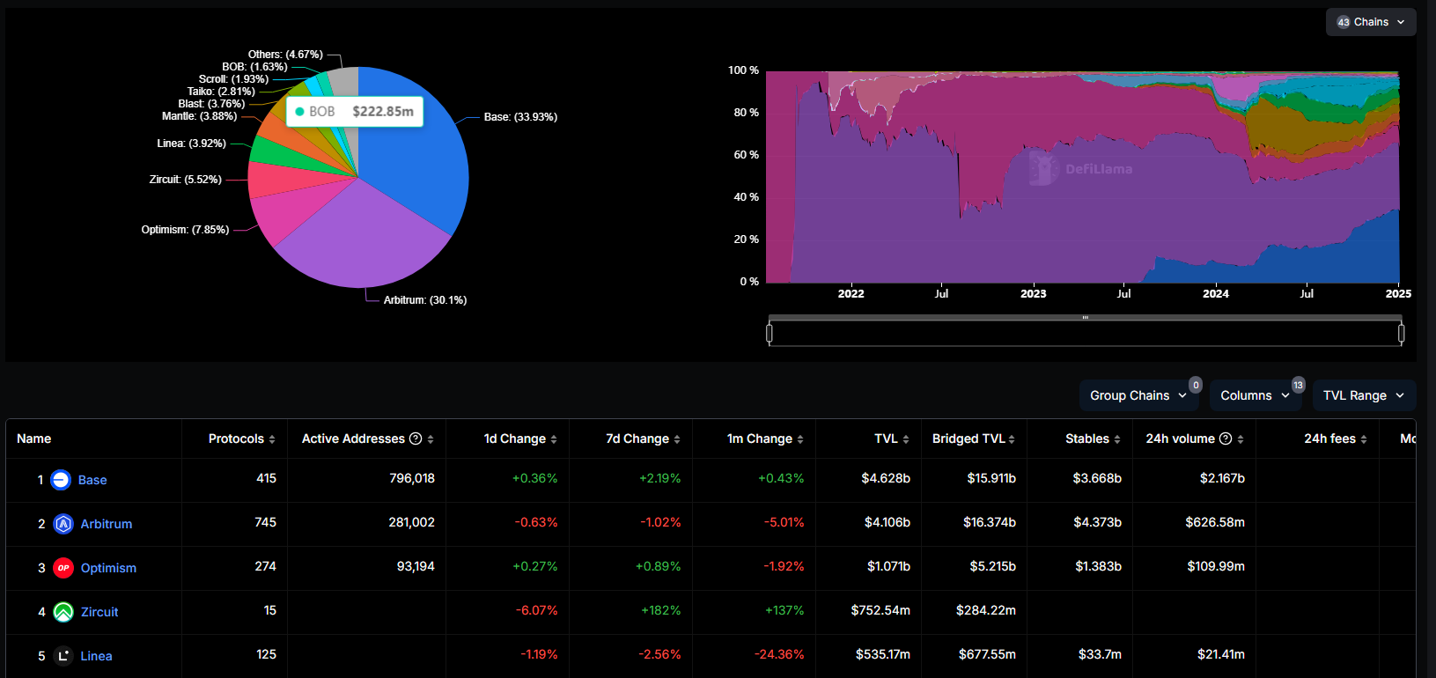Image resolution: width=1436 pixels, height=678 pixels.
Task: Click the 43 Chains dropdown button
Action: (x=1370, y=22)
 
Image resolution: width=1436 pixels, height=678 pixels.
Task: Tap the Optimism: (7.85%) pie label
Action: (x=185, y=230)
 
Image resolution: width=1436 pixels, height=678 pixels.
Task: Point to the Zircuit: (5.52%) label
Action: (x=185, y=180)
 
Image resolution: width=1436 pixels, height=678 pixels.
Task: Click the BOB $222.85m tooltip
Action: (x=355, y=112)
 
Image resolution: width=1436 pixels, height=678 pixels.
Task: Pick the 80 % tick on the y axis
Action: (x=746, y=113)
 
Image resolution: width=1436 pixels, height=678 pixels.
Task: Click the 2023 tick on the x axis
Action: (x=1033, y=294)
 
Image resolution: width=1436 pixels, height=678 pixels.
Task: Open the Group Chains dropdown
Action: (x=1138, y=395)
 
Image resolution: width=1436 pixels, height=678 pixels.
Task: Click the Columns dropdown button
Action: (x=1254, y=395)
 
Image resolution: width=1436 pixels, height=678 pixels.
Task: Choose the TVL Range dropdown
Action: (x=1363, y=395)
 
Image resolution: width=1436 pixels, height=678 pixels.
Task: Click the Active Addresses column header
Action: (x=353, y=438)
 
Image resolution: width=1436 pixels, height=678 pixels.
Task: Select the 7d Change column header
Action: (x=637, y=438)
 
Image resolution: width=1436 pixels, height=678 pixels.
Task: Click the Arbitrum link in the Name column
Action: (x=107, y=524)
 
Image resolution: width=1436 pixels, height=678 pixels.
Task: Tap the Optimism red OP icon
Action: (x=63, y=568)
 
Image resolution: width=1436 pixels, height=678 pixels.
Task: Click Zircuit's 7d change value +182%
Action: (x=660, y=610)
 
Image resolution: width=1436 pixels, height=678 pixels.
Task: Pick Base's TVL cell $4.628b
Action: (x=885, y=478)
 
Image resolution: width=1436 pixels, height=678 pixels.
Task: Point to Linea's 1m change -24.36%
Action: (x=779, y=654)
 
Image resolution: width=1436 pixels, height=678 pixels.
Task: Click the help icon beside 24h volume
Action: (x=1225, y=438)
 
